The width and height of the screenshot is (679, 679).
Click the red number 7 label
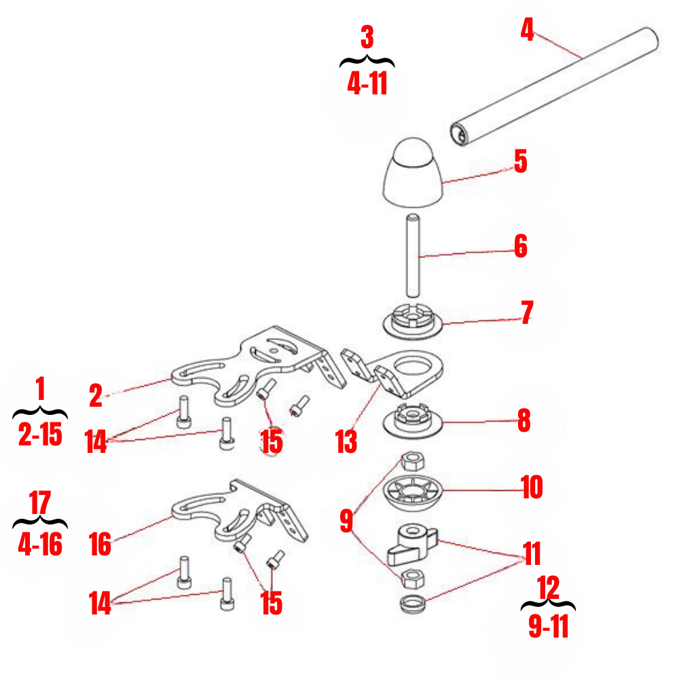pos(526,312)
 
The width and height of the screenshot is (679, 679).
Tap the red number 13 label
pos(346,441)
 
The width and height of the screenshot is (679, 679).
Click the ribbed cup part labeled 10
pos(413,490)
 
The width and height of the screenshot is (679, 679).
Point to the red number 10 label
pos(532,487)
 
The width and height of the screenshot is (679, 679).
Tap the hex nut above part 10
pos(411,461)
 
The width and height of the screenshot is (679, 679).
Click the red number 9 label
pos(346,521)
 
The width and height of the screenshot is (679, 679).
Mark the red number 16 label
pos(100,544)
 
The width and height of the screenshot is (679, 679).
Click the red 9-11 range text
pos(548,627)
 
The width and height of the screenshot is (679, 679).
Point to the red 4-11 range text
pos(367,84)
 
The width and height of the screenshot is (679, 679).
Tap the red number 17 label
pos(41,506)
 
